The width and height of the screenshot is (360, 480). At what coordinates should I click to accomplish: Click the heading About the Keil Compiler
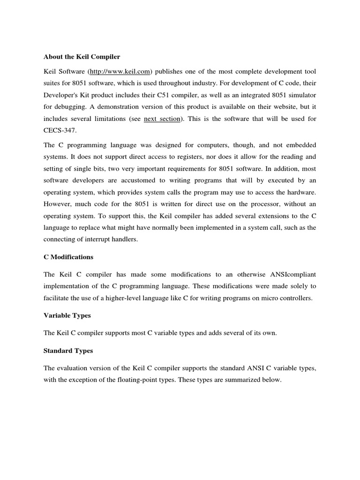[82, 57]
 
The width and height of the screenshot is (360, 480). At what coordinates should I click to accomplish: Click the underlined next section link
[162, 119]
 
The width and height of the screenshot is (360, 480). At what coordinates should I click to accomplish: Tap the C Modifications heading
[68, 257]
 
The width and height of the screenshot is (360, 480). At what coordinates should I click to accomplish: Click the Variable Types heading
[67, 315]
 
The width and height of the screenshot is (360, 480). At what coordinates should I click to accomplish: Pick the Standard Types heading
[68, 351]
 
